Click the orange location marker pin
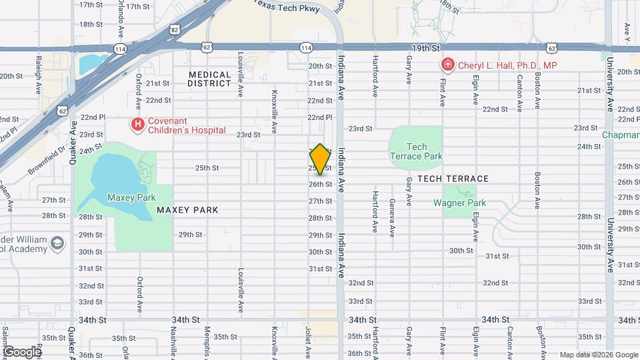click(320, 159)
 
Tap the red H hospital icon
click(138, 123)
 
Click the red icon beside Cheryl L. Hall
click(448, 65)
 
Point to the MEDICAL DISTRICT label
click(209, 79)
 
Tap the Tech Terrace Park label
click(416, 151)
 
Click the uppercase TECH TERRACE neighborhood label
click(453, 179)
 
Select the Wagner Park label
click(460, 203)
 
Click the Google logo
click(22, 351)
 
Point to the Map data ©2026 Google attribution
click(598, 355)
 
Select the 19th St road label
click(426, 48)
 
